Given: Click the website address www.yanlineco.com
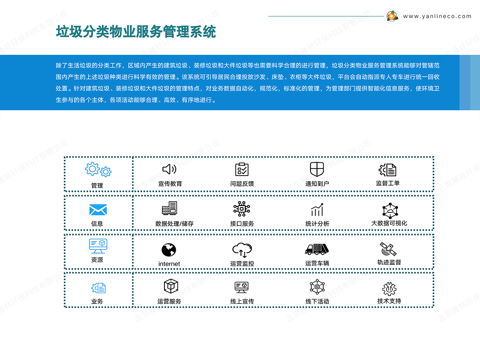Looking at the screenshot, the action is point(437,16).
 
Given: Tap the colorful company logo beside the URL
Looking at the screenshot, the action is point(392,16).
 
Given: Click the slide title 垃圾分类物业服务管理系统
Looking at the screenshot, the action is point(136,32).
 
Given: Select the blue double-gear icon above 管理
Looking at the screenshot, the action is point(98,169).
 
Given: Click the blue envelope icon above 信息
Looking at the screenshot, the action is point(98,210).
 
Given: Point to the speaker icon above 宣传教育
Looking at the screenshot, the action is point(169,169).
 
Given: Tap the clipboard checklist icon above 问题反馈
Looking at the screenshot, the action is point(242,169).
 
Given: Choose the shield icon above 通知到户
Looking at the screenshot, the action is point(317,169).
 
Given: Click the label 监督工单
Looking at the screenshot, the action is point(388,183).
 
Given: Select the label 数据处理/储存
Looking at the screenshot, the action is point(174,224).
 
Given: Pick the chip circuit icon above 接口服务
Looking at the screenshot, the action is point(242,209).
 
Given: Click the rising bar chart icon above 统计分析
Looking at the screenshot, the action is point(317,210).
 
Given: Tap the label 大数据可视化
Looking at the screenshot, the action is point(389,223).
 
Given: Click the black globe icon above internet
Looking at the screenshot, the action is point(169,250).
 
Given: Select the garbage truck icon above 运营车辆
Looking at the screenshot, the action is point(317,249).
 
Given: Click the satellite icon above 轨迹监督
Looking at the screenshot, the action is point(388,249).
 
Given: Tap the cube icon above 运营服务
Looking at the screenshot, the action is point(171,286).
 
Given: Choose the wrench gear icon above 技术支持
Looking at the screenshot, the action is point(389,289).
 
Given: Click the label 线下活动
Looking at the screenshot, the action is point(317,302).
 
